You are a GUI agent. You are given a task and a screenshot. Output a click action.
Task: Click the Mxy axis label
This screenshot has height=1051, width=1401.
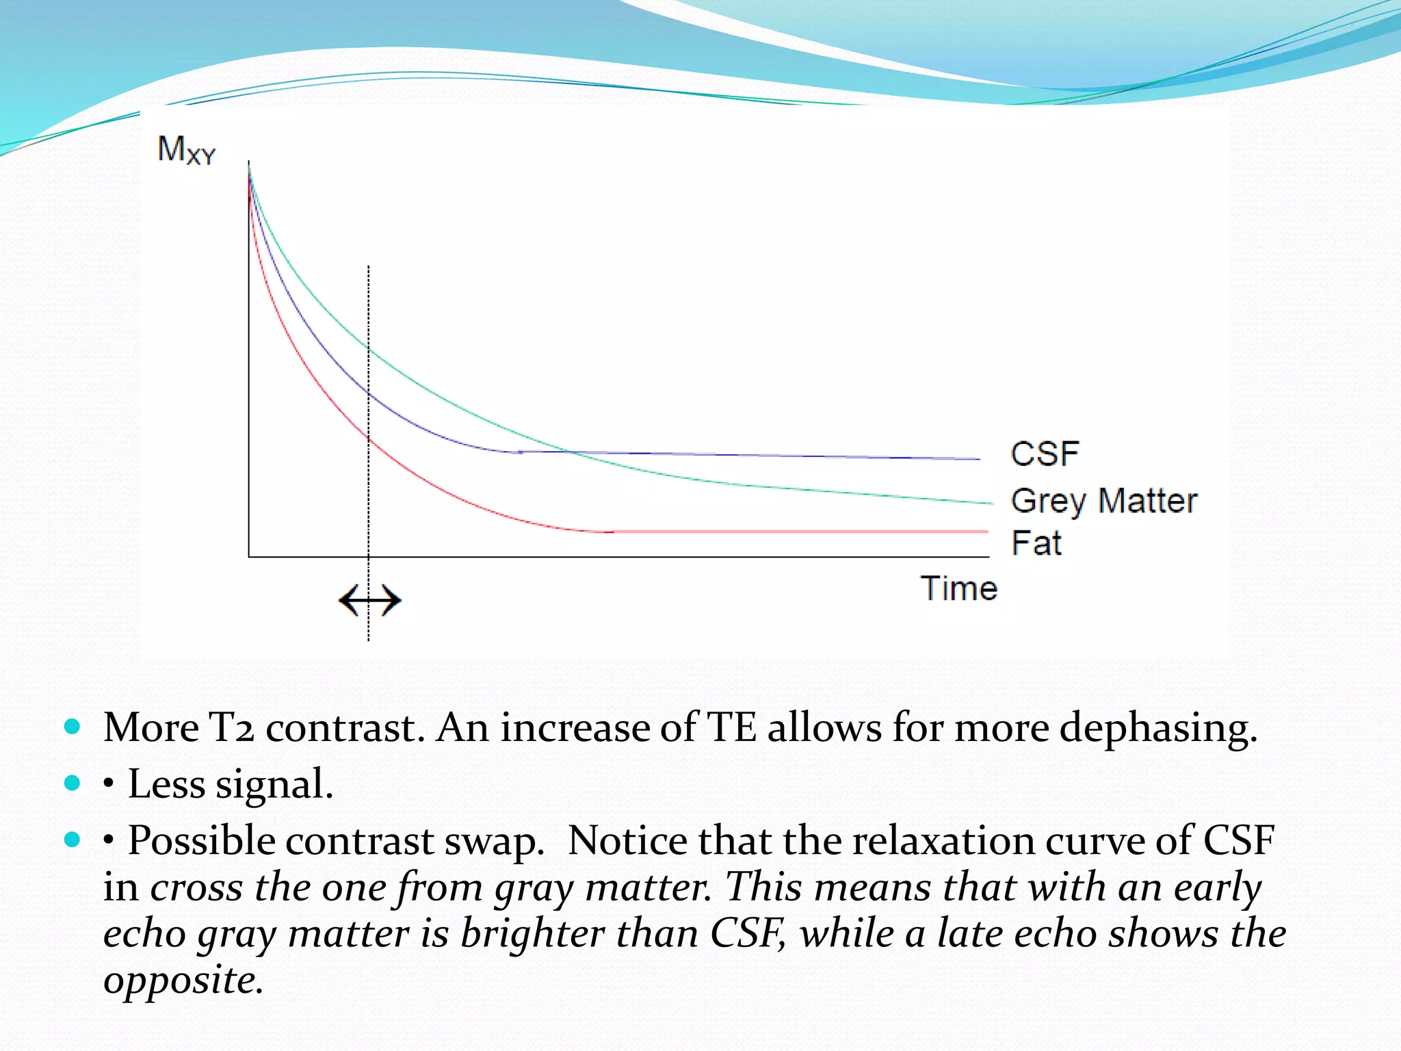[x=186, y=150]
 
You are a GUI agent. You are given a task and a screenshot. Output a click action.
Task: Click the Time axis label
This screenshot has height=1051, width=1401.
[x=958, y=588]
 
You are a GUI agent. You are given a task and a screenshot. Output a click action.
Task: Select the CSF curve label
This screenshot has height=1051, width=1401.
[x=1045, y=454]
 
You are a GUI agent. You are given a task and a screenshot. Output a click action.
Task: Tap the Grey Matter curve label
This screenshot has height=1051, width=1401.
[x=1104, y=501]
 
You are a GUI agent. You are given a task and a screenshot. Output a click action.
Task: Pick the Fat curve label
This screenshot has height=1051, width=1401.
[x=1036, y=543]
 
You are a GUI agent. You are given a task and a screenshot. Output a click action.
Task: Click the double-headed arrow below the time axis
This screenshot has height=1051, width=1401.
[x=369, y=601]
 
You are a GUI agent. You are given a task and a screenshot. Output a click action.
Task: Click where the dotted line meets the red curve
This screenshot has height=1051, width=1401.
[x=369, y=438]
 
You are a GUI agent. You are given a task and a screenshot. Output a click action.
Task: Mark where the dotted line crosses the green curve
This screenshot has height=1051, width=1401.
[x=369, y=349]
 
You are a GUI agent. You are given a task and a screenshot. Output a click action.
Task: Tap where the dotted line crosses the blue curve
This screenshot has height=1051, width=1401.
[x=369, y=393]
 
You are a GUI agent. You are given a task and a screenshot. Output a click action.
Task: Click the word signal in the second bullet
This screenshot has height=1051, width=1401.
[x=274, y=784]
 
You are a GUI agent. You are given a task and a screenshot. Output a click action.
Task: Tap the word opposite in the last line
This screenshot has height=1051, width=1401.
[x=183, y=980]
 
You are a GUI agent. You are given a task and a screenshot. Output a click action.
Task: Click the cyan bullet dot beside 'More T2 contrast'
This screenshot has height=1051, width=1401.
[x=72, y=726]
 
